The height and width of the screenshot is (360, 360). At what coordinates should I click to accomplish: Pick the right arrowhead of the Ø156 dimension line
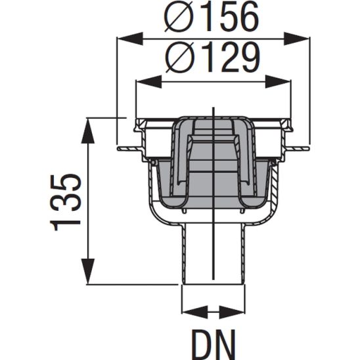tap(303, 39)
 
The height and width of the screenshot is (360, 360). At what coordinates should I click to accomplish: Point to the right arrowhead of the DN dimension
tap(237, 310)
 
